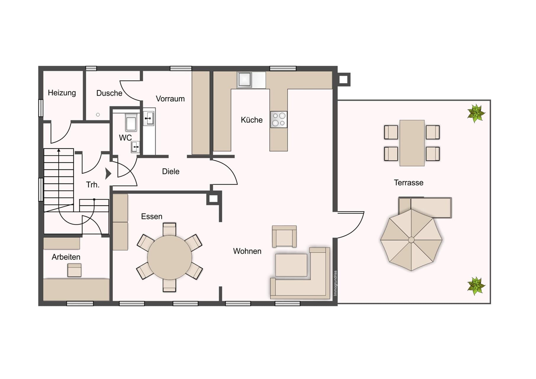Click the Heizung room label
(x=62, y=93)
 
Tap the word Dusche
(x=109, y=93)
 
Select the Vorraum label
(x=170, y=99)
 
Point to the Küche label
(x=252, y=120)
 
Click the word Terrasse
(x=408, y=183)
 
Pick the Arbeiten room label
(x=66, y=257)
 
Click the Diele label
(x=171, y=171)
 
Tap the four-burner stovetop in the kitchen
(x=279, y=120)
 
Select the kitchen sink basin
(x=244, y=80)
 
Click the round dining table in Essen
(x=170, y=257)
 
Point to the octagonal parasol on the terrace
(x=411, y=240)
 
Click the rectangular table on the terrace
(x=412, y=143)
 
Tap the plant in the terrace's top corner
(x=476, y=113)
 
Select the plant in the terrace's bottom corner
(x=476, y=286)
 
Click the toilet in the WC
(x=131, y=123)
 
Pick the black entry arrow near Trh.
(x=108, y=174)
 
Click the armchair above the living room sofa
(x=284, y=236)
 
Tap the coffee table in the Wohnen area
(x=291, y=265)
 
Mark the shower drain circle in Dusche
(x=98, y=115)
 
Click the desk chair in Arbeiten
(x=74, y=270)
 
